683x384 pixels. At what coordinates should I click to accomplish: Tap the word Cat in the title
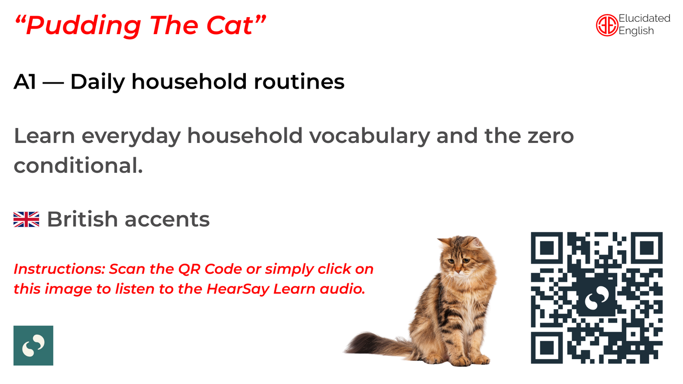pyautogui.click(x=230, y=25)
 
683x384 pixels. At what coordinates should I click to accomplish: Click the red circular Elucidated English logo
pyautogui.click(x=607, y=25)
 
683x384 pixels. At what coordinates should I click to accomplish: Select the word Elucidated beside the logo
pyautogui.click(x=644, y=18)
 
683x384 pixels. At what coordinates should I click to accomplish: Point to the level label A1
pyautogui.click(x=25, y=82)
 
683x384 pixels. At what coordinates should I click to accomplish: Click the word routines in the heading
pyautogui.click(x=299, y=82)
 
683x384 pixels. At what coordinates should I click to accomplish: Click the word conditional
pyautogui.click(x=78, y=166)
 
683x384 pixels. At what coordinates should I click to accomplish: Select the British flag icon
pyautogui.click(x=26, y=219)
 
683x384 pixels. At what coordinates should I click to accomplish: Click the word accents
pyautogui.click(x=167, y=220)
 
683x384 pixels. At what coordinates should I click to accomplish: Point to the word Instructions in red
pyautogui.click(x=59, y=269)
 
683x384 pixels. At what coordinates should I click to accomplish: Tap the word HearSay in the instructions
pyautogui.click(x=238, y=289)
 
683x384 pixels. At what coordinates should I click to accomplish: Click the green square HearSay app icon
pyautogui.click(x=33, y=345)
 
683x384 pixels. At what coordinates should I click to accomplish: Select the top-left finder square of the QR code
pyautogui.click(x=547, y=248)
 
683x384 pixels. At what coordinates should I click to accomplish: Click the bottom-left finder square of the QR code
pyautogui.click(x=547, y=348)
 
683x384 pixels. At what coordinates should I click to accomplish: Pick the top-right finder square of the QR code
pyautogui.click(x=647, y=248)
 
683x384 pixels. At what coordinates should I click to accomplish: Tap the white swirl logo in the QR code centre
pyautogui.click(x=597, y=298)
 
